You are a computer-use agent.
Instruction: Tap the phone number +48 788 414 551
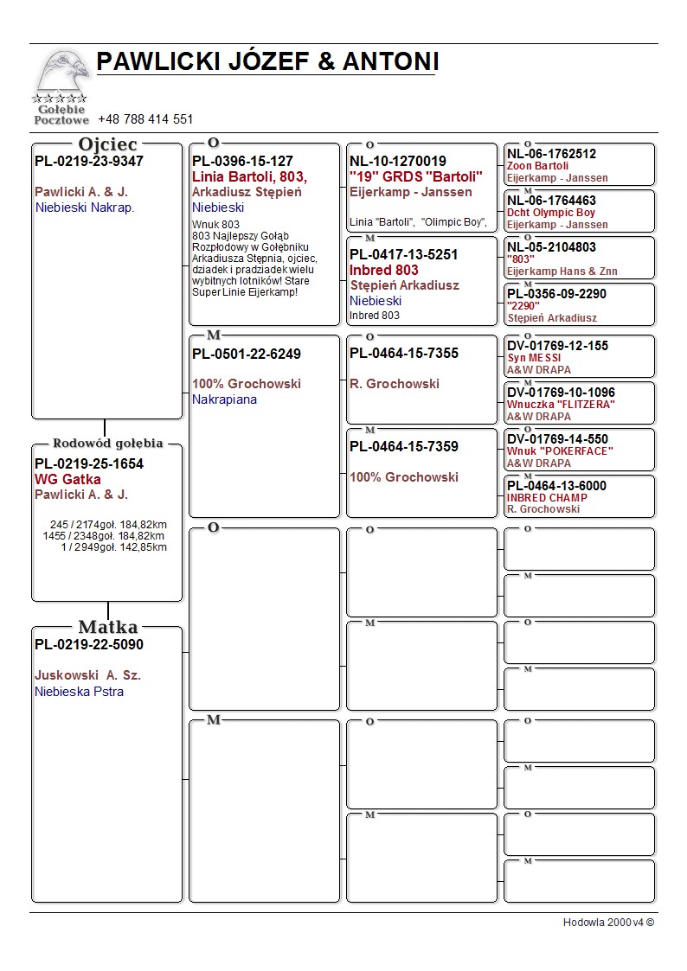click(x=145, y=119)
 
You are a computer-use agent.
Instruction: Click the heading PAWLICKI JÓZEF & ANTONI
click(x=267, y=61)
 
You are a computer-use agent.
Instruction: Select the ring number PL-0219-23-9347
click(x=89, y=161)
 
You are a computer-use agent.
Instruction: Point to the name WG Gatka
click(x=67, y=479)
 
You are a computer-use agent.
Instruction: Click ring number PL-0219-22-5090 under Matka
click(x=89, y=644)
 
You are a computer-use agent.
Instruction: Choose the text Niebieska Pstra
click(x=79, y=692)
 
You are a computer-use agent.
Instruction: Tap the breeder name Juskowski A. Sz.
click(x=87, y=675)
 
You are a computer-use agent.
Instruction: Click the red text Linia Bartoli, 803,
click(x=249, y=176)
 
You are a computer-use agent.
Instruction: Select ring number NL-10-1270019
click(x=398, y=161)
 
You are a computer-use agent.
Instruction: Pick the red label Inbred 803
click(x=384, y=270)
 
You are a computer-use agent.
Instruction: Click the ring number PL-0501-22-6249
click(x=247, y=354)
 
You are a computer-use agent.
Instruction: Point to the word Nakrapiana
click(x=224, y=399)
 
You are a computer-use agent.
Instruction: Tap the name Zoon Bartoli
click(x=538, y=166)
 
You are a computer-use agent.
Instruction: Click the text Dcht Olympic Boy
click(x=551, y=213)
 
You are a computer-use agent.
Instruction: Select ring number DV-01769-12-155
click(x=557, y=346)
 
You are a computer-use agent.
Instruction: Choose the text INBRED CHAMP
click(x=547, y=498)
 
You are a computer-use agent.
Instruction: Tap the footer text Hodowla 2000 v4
click(x=608, y=922)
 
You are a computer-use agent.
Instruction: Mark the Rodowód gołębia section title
click(x=108, y=444)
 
